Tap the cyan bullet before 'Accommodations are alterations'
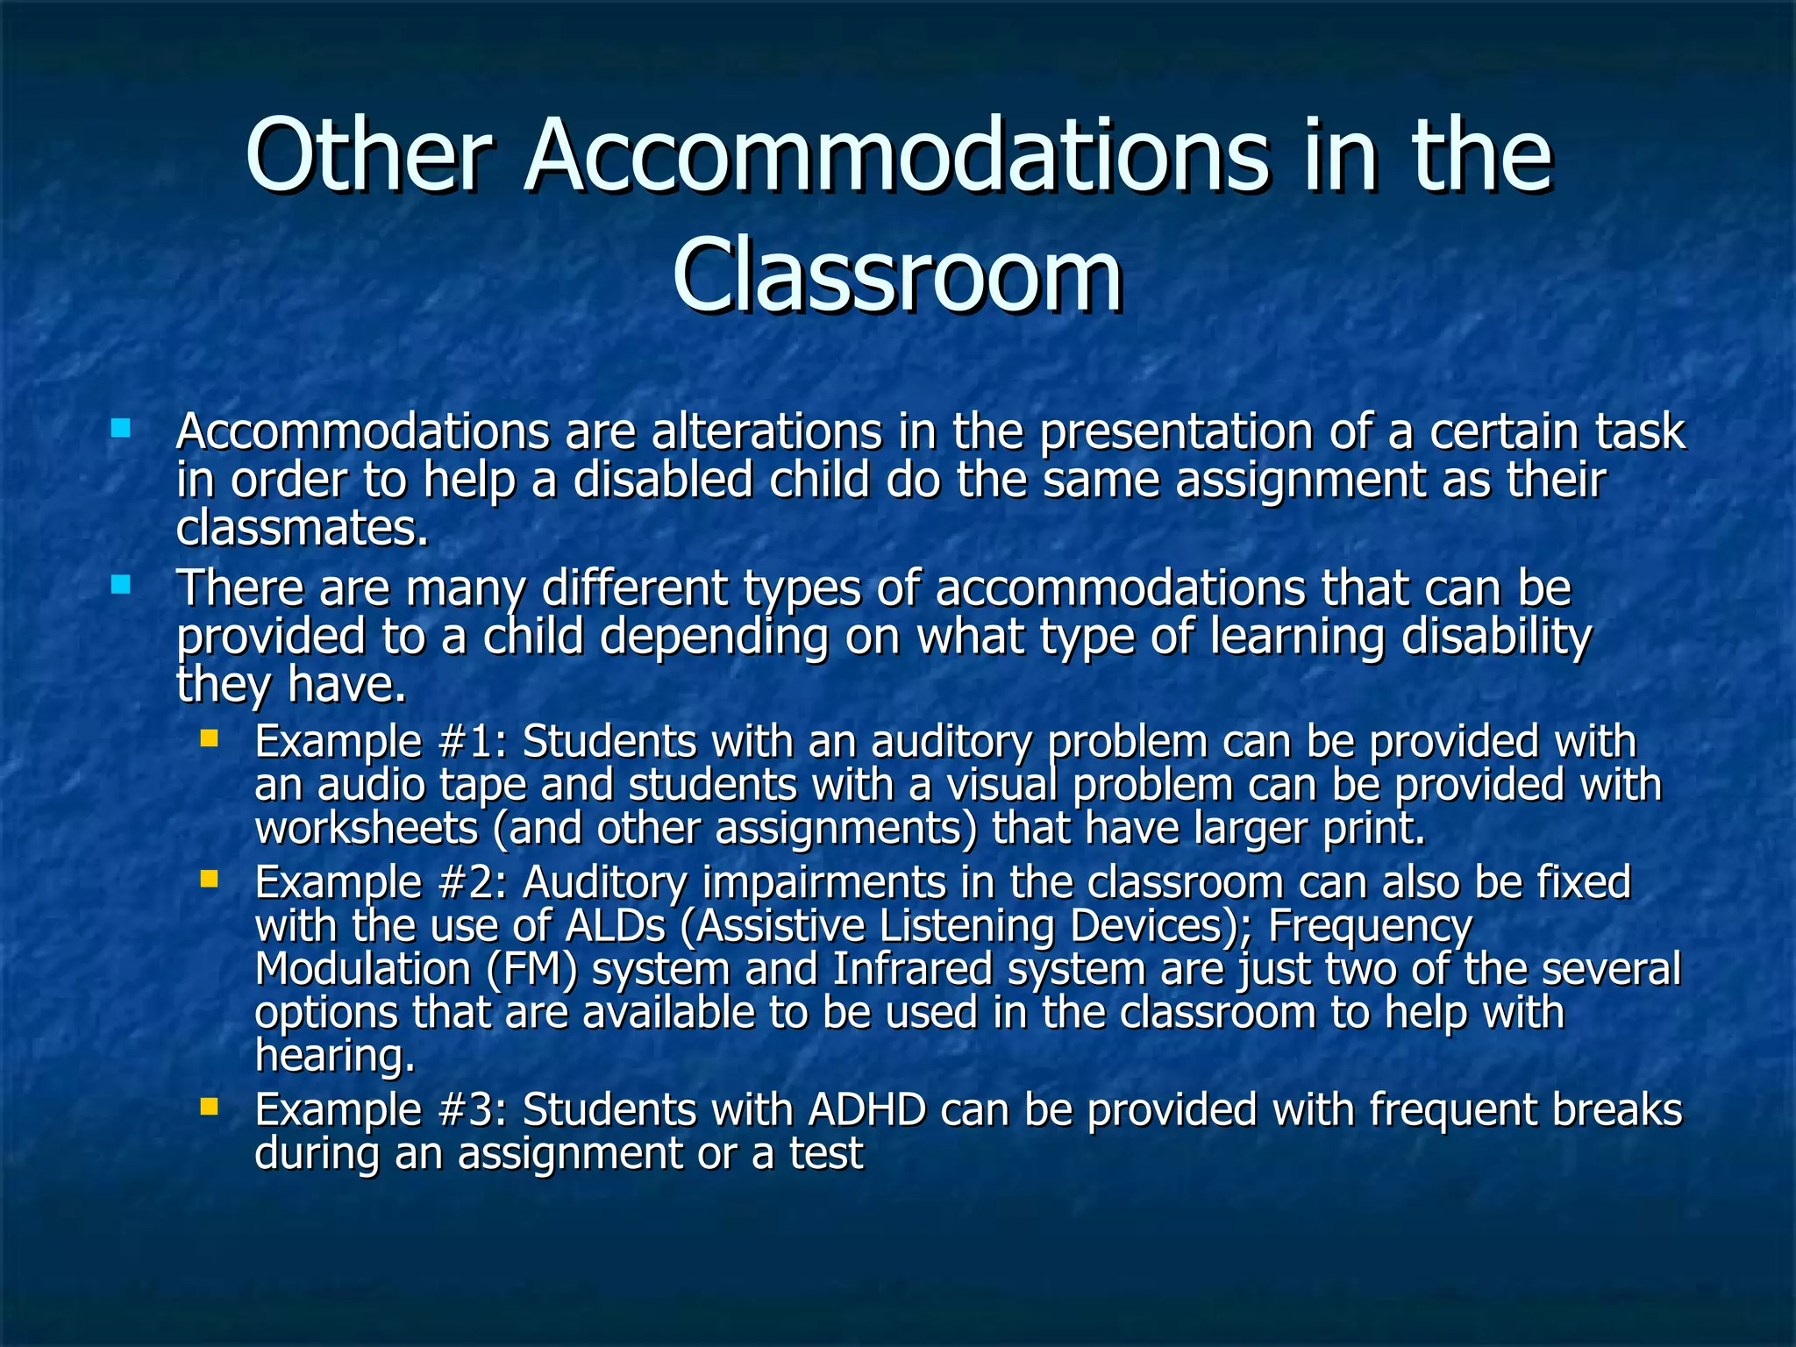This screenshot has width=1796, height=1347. [x=121, y=429]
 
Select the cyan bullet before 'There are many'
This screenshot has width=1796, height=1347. [x=121, y=584]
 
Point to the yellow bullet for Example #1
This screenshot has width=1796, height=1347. [x=209, y=738]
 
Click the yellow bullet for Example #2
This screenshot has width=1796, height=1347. [x=209, y=879]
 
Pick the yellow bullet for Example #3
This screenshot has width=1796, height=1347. [x=209, y=1107]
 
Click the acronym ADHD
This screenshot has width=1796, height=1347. [x=866, y=1110]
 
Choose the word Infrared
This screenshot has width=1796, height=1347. [x=912, y=970]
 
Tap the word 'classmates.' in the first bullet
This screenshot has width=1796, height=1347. [x=302, y=528]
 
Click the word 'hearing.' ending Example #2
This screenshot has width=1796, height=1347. [x=334, y=1056]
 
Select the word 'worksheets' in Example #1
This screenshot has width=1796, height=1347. [x=367, y=828]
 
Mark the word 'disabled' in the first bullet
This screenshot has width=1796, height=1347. [x=663, y=481]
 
